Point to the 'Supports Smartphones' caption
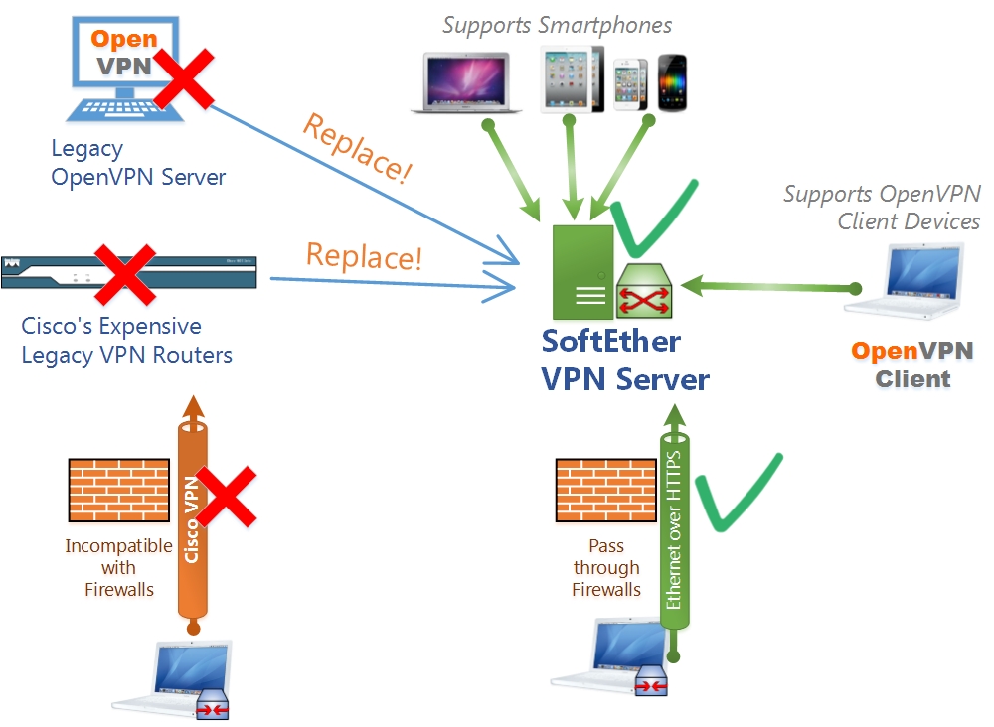tap(557, 25)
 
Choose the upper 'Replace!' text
tap(356, 149)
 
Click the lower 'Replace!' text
tap(364, 256)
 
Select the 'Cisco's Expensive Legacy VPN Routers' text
tap(126, 340)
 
